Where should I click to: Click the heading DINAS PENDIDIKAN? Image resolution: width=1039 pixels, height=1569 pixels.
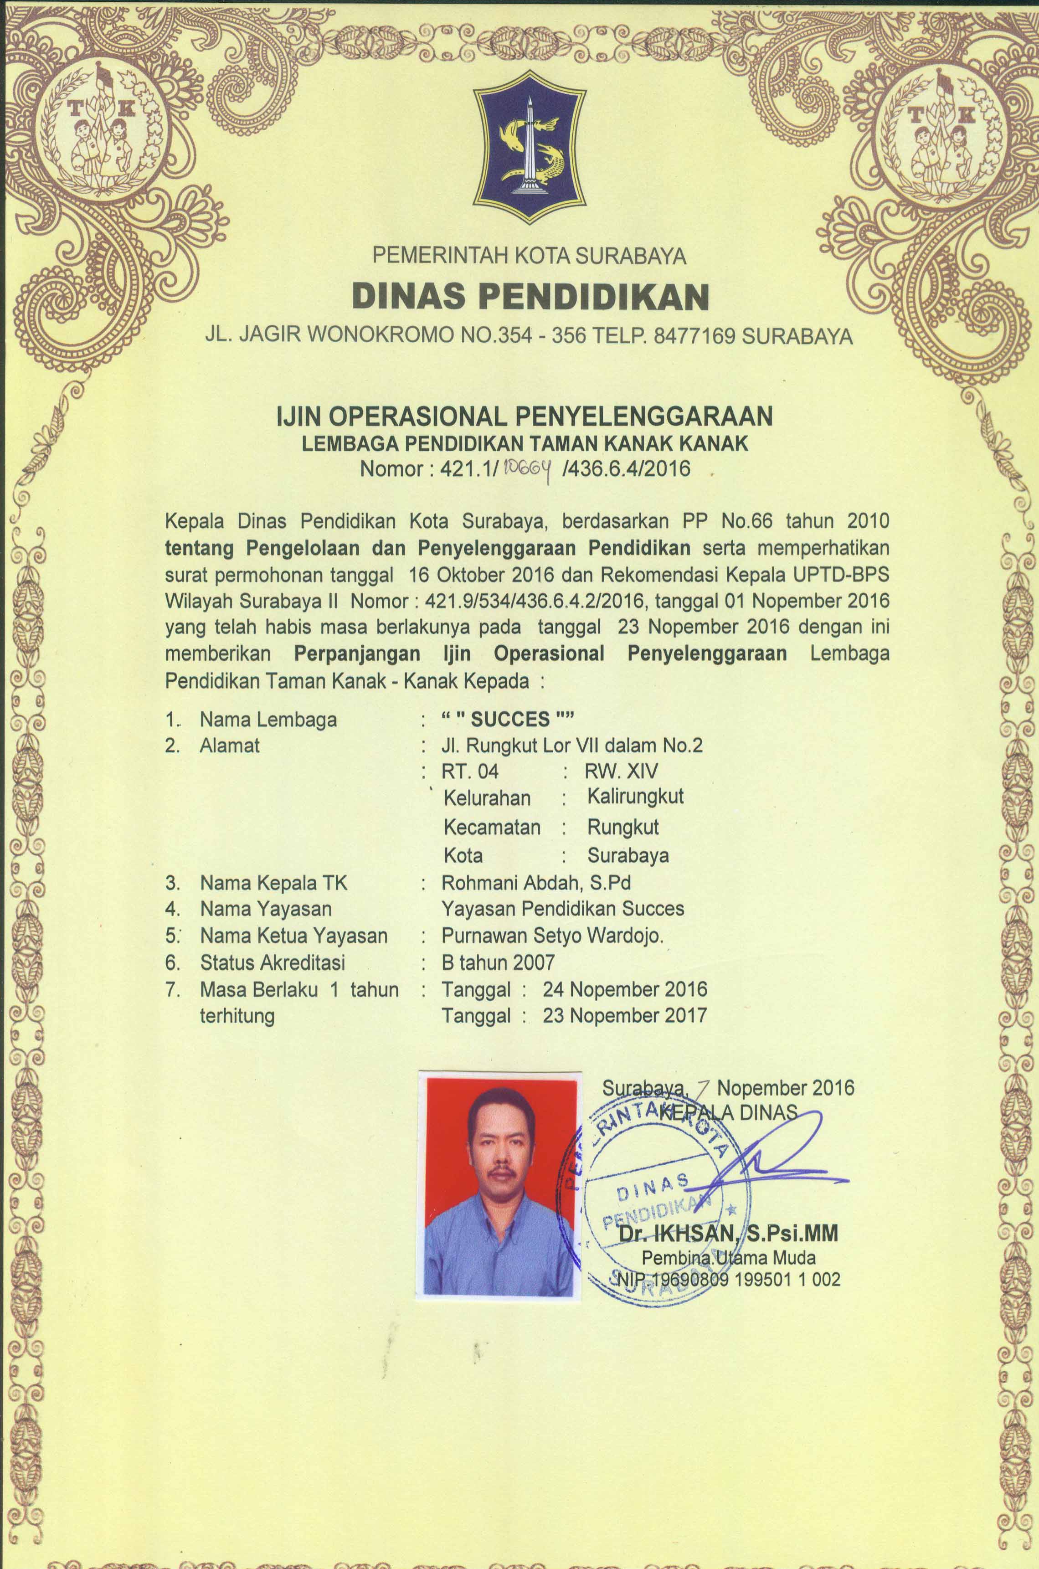[530, 296]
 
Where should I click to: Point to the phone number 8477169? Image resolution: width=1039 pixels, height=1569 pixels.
[694, 337]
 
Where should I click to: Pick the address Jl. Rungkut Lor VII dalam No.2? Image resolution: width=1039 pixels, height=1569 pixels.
[572, 746]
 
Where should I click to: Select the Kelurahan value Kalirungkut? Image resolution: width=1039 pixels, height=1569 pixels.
[635, 797]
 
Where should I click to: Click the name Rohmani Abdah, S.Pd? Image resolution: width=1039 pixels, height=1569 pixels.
[536, 883]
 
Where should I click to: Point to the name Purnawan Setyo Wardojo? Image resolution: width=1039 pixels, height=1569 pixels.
[552, 936]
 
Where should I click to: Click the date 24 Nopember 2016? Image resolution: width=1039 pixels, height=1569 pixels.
[625, 989]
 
